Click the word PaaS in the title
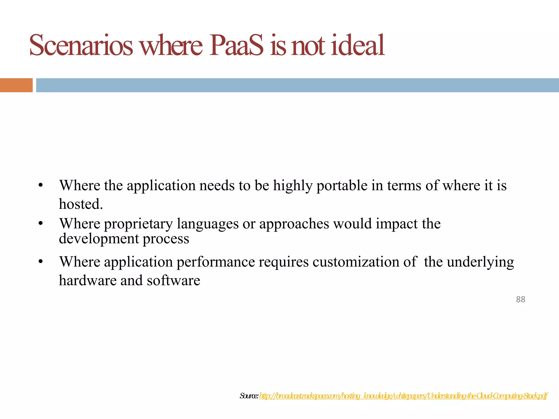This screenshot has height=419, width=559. pos(236,45)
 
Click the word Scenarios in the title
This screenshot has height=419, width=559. pos(81,45)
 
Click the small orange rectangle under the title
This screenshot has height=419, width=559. pos(16,85)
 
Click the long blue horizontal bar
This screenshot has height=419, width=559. pos(297,85)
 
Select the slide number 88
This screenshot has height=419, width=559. pos(521,299)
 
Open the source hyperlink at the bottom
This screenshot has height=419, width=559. pos(403,396)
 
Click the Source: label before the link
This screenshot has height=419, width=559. pos(249,396)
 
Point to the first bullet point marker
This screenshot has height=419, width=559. pos(41,185)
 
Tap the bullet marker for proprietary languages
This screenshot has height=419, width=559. pos(41,224)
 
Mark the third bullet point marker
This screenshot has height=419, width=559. pos(41,262)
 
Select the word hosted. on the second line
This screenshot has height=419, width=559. pos(81,204)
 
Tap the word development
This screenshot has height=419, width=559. pos(99,239)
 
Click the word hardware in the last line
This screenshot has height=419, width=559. pos(88,280)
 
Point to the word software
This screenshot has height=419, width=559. pos(173,280)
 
